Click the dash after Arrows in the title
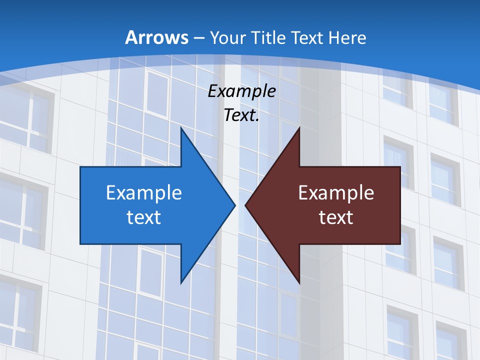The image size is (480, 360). pos(198,38)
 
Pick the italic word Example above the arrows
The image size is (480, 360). pos(242,91)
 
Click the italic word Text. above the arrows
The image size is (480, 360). pos(242,115)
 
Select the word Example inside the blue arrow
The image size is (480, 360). pos(144,192)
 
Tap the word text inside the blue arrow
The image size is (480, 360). pos(144,217)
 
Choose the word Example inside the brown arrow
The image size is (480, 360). pos(336,192)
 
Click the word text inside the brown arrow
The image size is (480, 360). pos(336,217)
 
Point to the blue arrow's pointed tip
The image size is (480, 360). pos(234,205)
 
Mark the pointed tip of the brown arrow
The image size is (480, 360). pos(246,205)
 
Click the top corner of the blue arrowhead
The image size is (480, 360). pos(181,128)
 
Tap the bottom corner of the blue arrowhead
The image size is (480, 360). pos(181,283)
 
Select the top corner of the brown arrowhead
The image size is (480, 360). pos(299,128)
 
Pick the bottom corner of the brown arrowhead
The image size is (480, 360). pos(299,283)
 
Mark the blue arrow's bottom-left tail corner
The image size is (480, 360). pos(81,243)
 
